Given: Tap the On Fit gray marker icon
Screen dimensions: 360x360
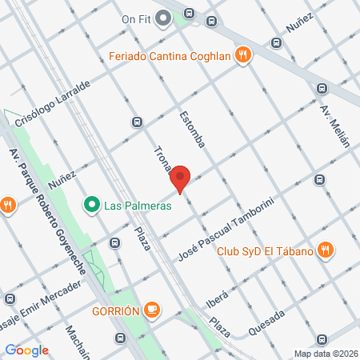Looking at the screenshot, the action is tap(163, 17).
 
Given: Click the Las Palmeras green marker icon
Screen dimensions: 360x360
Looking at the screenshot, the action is tap(93, 206).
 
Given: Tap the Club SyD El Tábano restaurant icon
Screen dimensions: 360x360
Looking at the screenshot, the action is tap(324, 249).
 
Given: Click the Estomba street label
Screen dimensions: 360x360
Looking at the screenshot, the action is tap(194, 129).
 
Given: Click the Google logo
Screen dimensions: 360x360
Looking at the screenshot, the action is tap(26, 350).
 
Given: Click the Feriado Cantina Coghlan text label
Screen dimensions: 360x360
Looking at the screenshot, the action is tap(172, 56).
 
